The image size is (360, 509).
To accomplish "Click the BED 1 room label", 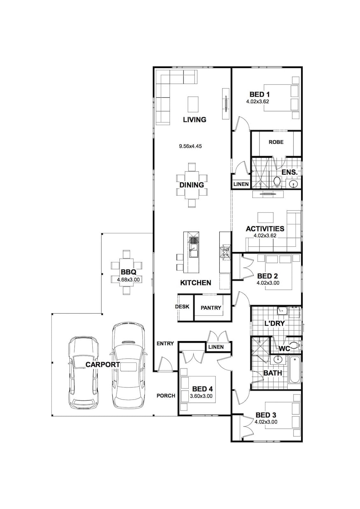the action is pyautogui.click(x=259, y=94).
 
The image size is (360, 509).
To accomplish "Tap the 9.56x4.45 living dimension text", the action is pyautogui.click(x=190, y=146).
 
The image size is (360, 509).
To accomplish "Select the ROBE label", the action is pyautogui.click(x=276, y=142).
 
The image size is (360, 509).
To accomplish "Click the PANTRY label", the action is pyautogui.click(x=211, y=308).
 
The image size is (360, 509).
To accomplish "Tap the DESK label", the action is pyautogui.click(x=182, y=307).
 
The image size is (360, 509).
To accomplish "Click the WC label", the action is pyautogui.click(x=285, y=348).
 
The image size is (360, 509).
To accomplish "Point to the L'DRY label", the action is pyautogui.click(x=274, y=323).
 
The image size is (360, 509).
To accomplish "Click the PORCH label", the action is pyautogui.click(x=166, y=396).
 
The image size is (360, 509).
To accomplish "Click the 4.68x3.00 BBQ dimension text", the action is pyautogui.click(x=128, y=280).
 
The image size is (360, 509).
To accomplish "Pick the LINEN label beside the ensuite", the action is pyautogui.click(x=241, y=184).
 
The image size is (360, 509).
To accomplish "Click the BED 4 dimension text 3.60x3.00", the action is pyautogui.click(x=201, y=396).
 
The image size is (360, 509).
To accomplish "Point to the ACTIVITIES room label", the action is pyautogui.click(x=265, y=229).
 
